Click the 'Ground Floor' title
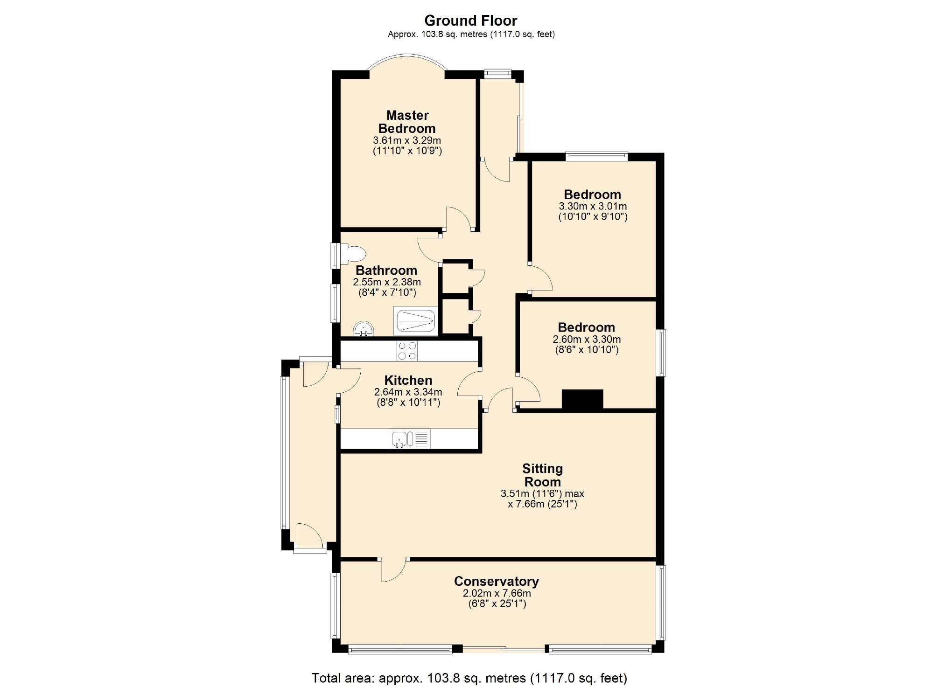coord(470,21)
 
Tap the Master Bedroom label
coord(407,122)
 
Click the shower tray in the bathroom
coord(416,320)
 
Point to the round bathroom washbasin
coord(363,329)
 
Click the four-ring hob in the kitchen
coord(407,351)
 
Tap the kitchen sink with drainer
coord(409,439)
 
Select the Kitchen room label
coord(408,380)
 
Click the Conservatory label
coord(497,581)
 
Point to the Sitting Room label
coord(542,475)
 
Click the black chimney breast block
coord(582,400)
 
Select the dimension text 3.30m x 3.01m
coord(593,206)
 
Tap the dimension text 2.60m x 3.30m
coord(587,340)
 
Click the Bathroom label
coord(386,271)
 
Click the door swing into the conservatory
coord(393,570)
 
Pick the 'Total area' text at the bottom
coord(469,678)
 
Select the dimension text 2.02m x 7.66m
coord(497,593)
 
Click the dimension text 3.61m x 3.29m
coord(407,140)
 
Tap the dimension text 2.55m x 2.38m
coord(387,282)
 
